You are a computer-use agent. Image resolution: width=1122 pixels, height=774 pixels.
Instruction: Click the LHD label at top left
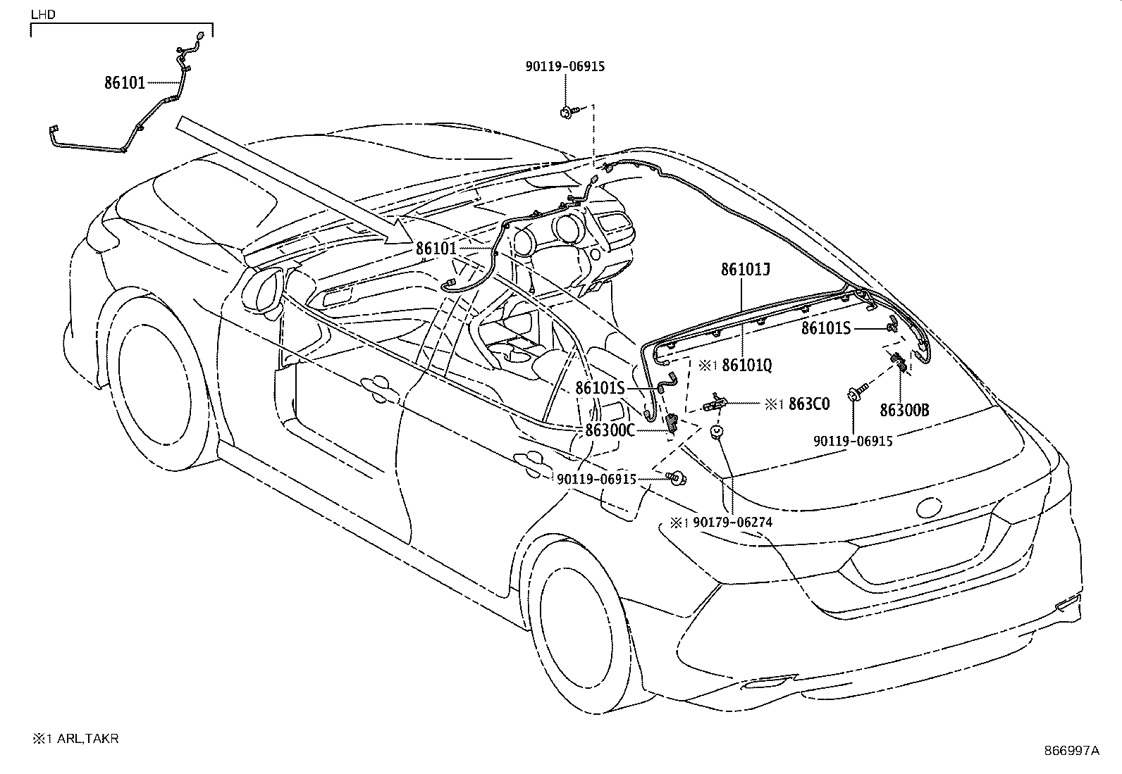43,13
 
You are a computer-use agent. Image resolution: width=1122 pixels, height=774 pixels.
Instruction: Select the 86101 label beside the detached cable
125,83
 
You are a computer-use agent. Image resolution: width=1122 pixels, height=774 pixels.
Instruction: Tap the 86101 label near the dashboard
436,249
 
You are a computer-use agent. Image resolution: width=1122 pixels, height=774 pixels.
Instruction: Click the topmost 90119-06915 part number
565,67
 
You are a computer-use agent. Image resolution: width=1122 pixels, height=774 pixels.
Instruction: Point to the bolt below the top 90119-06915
568,111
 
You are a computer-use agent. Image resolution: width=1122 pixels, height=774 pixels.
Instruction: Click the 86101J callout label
746,269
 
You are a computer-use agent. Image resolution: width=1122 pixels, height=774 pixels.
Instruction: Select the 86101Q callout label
748,366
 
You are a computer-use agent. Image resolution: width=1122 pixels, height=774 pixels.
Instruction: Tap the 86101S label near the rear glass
826,328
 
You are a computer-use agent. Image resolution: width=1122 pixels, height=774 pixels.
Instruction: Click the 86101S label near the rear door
600,388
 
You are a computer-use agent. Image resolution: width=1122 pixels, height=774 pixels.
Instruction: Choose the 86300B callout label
904,410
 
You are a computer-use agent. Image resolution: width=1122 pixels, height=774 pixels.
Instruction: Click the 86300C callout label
610,430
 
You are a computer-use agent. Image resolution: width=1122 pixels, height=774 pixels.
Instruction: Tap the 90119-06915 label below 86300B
853,441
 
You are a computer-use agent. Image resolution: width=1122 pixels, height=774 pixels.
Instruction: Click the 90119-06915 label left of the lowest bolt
596,479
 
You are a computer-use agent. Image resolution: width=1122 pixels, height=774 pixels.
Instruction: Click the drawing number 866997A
1071,751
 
